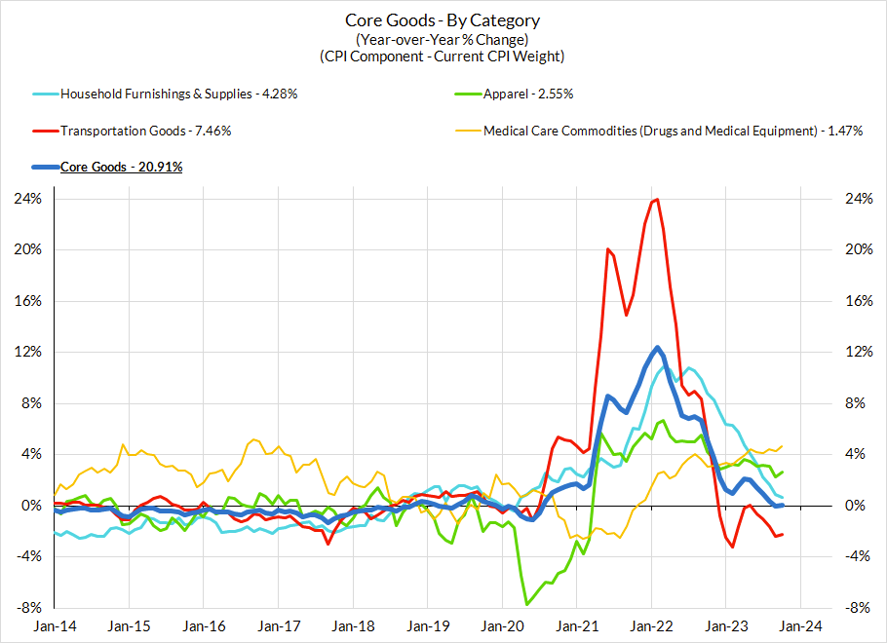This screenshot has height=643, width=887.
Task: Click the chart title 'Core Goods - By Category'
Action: [x=443, y=20]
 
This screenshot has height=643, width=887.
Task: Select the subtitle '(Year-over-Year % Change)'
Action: [x=443, y=39]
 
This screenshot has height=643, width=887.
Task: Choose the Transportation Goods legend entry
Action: [x=145, y=131]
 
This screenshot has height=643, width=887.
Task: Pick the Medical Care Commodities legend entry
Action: [x=673, y=131]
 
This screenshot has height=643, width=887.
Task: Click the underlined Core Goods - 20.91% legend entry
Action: [x=122, y=167]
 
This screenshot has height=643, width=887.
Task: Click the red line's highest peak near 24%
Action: [x=657, y=200]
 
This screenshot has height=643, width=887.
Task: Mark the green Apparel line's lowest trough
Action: [x=527, y=604]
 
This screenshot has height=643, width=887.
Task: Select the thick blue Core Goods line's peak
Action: [x=658, y=348]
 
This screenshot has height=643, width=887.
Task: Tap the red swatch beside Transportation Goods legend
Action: [x=43, y=131]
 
